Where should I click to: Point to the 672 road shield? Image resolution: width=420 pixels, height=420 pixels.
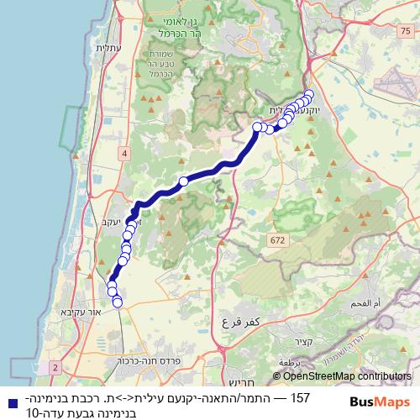tap(276, 240)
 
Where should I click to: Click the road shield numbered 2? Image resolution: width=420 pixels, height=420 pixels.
tap(55, 368)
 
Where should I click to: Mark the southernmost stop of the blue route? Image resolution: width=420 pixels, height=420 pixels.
tap(118, 302)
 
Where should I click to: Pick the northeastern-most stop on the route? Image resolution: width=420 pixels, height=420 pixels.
tap(309, 94)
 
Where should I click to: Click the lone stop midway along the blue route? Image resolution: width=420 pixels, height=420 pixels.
tap(183, 181)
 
